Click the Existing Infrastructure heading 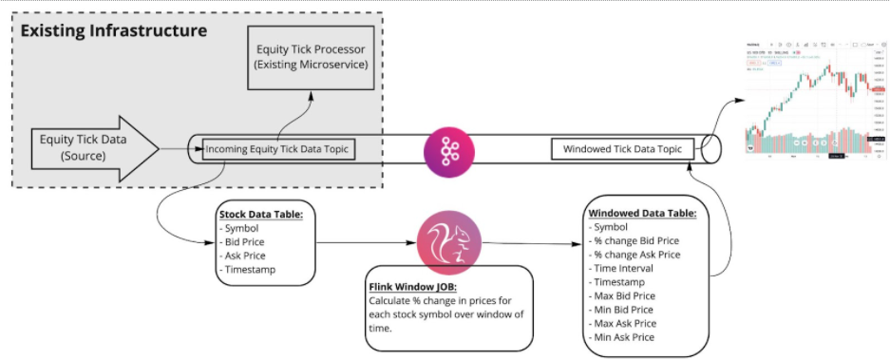113,31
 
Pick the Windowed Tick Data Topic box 622,149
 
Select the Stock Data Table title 260,215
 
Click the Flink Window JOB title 413,286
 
